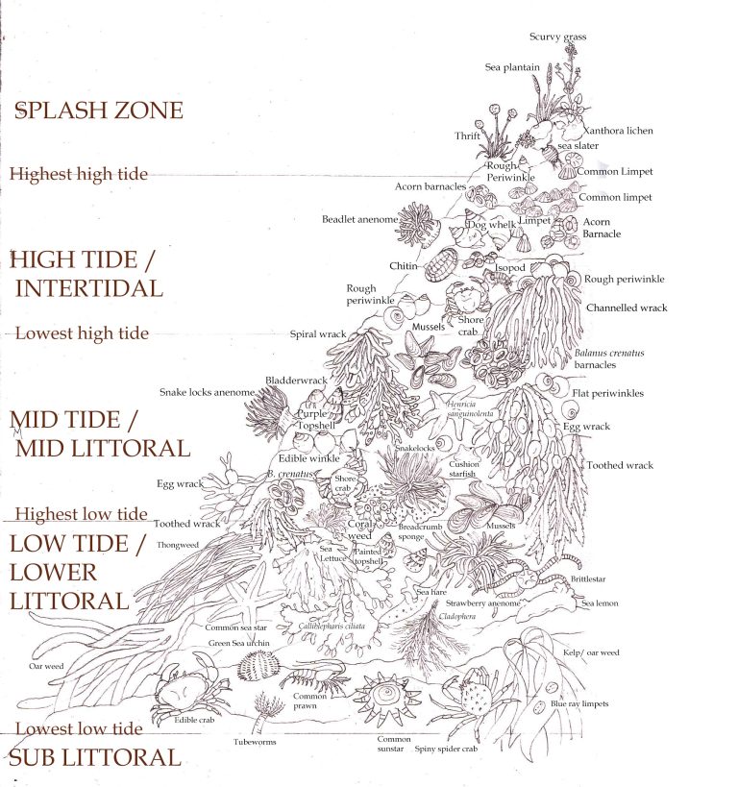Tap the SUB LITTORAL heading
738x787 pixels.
[x=95, y=756]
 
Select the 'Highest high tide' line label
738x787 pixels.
[x=79, y=174]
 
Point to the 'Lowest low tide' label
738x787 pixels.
[x=79, y=729]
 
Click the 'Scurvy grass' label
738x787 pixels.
[x=557, y=37]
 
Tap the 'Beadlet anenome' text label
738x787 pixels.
[x=359, y=220]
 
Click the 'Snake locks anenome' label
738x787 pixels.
[x=207, y=392]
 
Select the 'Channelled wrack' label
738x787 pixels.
[x=626, y=307]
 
